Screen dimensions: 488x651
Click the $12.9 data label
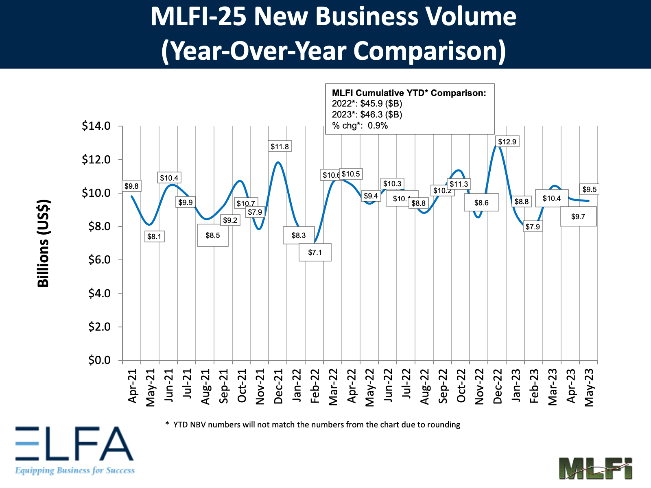point(507,142)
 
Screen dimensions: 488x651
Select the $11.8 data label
point(280,147)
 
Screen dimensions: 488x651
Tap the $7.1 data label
point(315,253)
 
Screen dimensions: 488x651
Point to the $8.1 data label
point(154,237)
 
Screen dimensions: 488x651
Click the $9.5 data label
point(590,190)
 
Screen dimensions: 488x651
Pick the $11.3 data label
point(459,184)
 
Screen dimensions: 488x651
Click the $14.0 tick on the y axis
point(96,126)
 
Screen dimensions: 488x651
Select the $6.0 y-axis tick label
point(99,260)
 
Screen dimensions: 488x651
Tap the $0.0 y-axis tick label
point(99,360)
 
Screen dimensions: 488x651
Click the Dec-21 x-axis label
point(278,386)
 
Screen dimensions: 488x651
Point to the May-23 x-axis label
point(589,388)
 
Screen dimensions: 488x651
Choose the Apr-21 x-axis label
point(132,386)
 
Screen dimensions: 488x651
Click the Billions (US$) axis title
point(44,243)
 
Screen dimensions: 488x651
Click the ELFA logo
point(74,450)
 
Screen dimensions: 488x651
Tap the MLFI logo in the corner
point(595,468)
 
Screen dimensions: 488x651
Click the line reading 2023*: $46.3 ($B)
point(367,115)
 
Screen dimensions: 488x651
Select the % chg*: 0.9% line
point(360,126)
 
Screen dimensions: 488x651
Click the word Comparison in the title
point(430,51)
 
